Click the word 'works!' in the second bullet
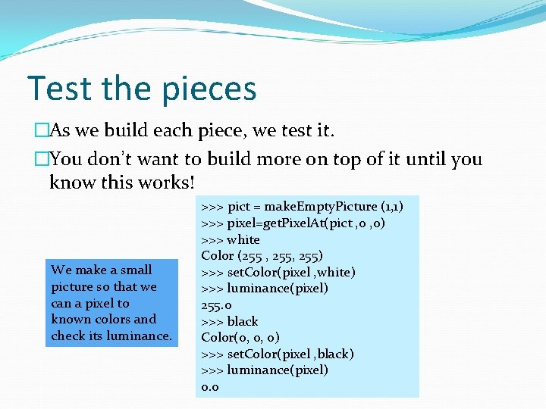[x=162, y=183]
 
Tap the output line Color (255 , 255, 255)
[x=262, y=256]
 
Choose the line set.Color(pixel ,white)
[x=278, y=272]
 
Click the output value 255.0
[x=215, y=304]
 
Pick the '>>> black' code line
[x=230, y=321]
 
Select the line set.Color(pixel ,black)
[x=278, y=354]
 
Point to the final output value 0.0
[x=210, y=386]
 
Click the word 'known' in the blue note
[x=70, y=319]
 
